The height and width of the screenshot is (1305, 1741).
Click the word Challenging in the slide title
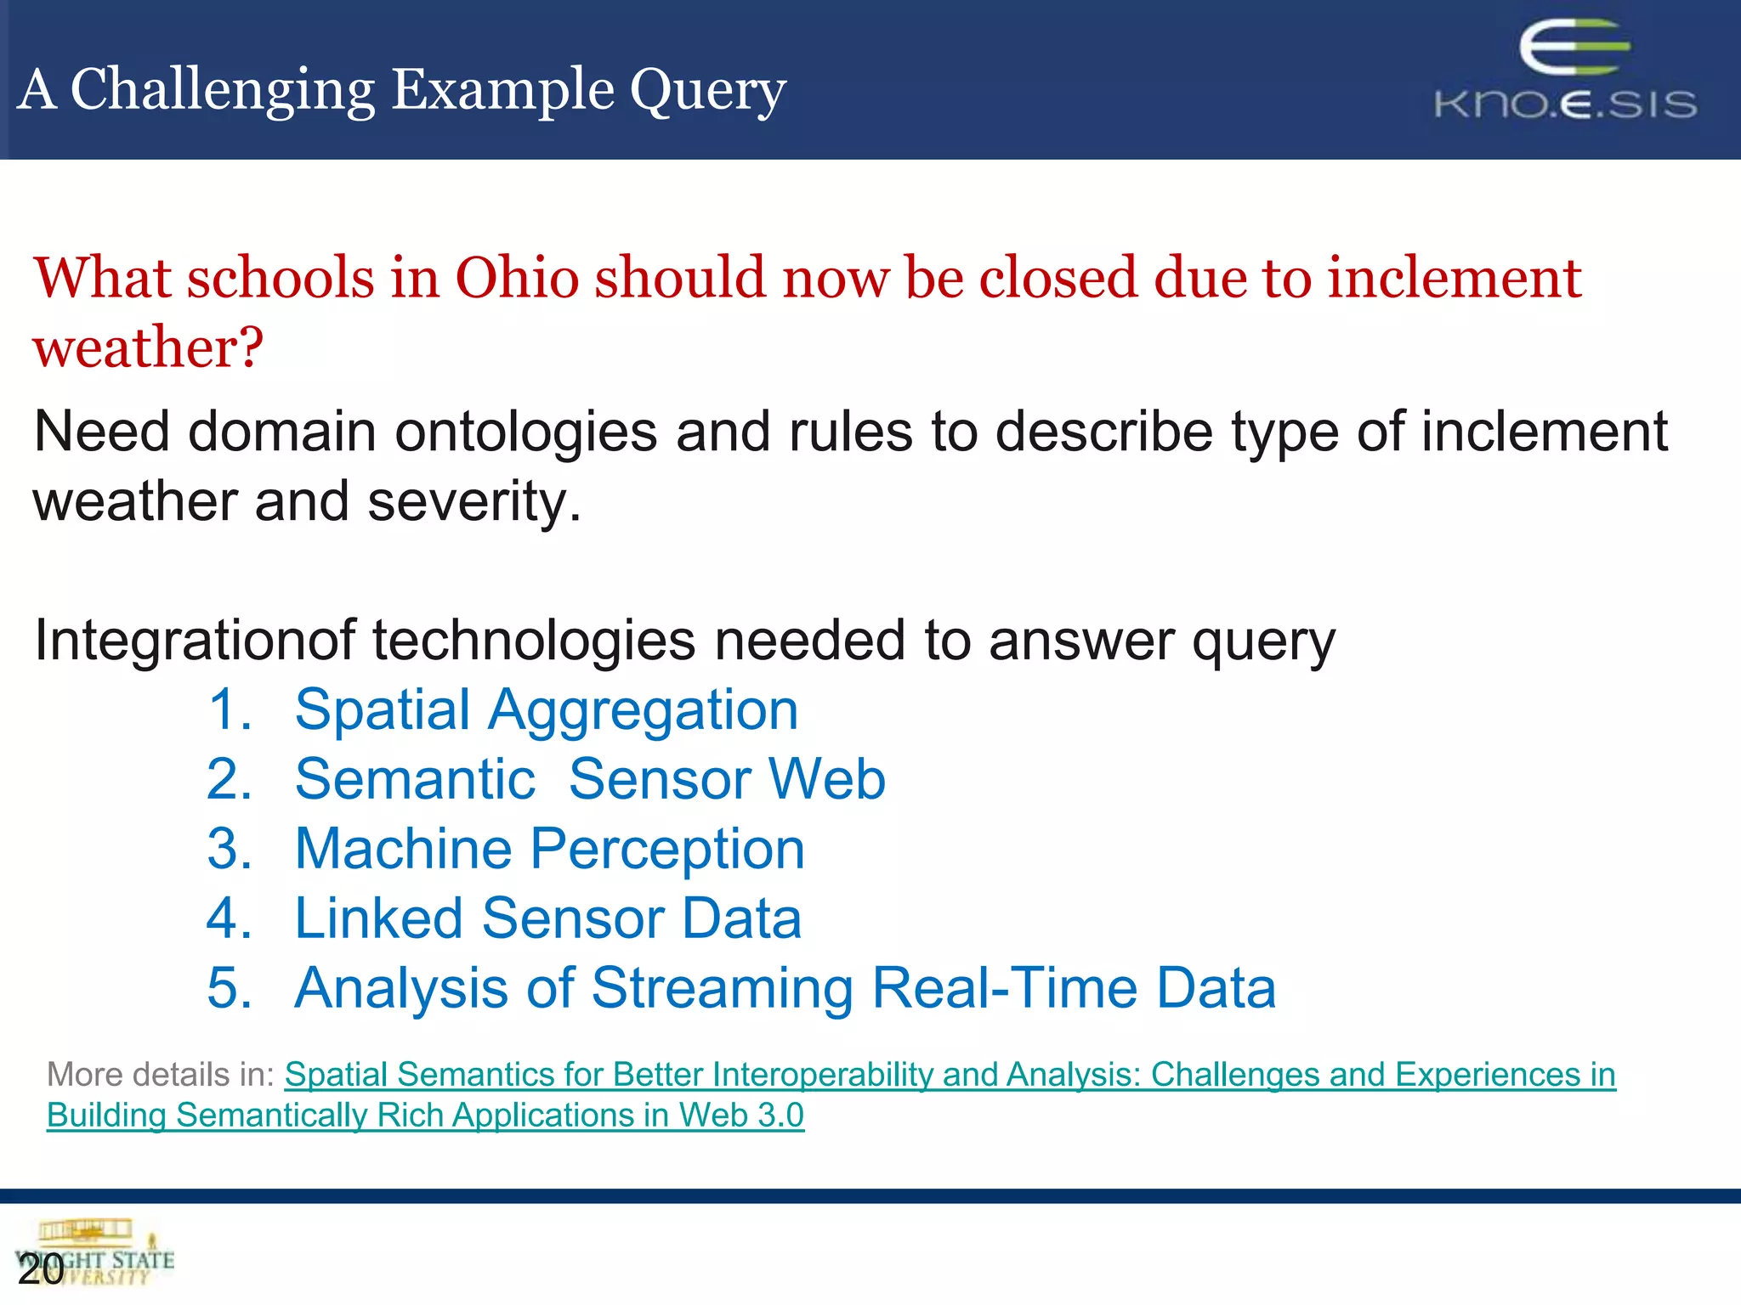pyautogui.click(x=223, y=90)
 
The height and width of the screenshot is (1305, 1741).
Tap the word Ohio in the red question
pyautogui.click(x=517, y=278)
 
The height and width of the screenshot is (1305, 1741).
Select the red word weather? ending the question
pyautogui.click(x=149, y=347)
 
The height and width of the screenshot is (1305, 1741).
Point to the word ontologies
pyautogui.click(x=525, y=432)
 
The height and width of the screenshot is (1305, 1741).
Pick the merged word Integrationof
pyautogui.click(x=194, y=640)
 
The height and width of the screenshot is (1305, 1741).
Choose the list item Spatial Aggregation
pyautogui.click(x=546, y=710)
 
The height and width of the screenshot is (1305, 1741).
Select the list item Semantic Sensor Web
pyautogui.click(x=590, y=779)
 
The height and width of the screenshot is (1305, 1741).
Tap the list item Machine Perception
pyautogui.click(x=549, y=849)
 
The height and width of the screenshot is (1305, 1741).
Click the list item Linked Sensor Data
pyautogui.click(x=547, y=918)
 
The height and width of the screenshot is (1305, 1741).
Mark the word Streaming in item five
pyautogui.click(x=723, y=988)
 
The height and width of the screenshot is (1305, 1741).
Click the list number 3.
pyautogui.click(x=229, y=849)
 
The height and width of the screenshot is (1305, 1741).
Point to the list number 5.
pyautogui.click(x=229, y=988)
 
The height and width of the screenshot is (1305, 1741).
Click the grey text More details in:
pyautogui.click(x=160, y=1075)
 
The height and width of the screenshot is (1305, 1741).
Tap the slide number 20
pyautogui.click(x=40, y=1269)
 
